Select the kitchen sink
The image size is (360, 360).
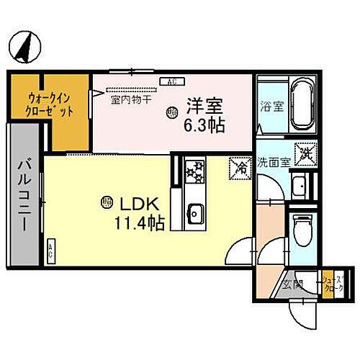pos(194,212)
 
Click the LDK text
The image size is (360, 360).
pos(143,202)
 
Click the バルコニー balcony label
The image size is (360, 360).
pos(22,194)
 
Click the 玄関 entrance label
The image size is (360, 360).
pos(292,282)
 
